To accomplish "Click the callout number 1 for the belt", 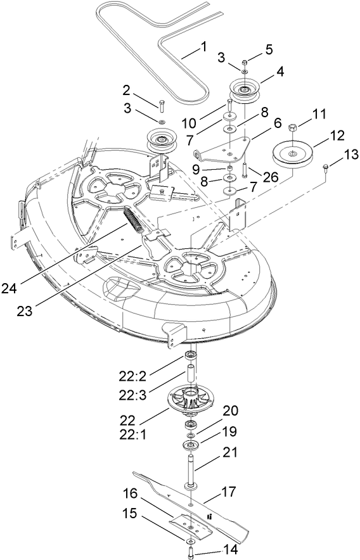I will (203, 46).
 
